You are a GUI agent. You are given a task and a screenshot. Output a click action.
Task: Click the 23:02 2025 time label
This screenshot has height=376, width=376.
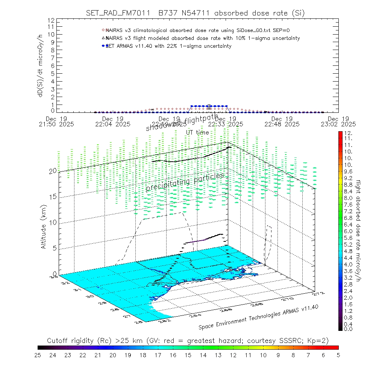tap(340, 124)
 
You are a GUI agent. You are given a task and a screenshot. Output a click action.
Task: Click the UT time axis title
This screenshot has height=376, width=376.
tap(197, 132)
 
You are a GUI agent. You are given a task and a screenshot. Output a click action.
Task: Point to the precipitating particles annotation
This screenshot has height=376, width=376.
tap(185, 182)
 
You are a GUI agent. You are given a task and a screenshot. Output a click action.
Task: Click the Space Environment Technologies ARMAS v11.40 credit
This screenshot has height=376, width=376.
tap(259, 317)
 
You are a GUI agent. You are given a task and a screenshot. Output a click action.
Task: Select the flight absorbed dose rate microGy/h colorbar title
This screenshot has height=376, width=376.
tap(358, 230)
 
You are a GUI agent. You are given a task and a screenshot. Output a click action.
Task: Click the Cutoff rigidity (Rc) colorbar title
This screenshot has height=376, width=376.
tap(188, 341)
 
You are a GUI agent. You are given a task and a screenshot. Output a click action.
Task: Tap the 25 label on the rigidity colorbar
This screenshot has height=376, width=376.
tap(38, 355)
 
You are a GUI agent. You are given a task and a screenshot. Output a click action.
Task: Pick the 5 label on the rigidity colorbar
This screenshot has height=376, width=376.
tap(338, 355)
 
